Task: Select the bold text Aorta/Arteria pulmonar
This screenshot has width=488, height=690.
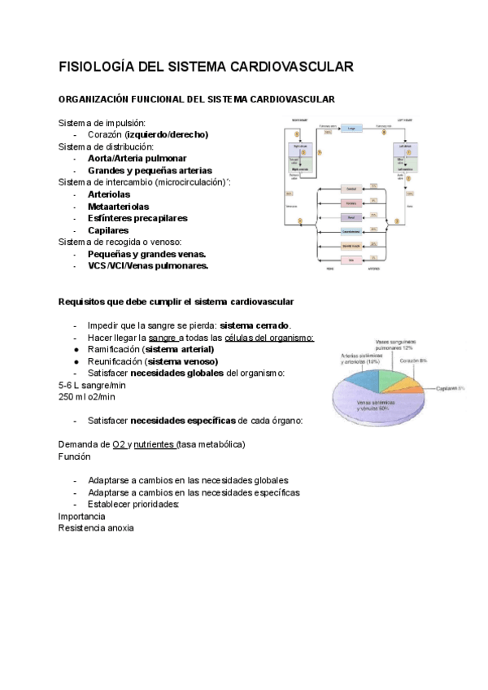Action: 137,158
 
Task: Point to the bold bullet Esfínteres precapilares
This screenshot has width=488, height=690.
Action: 137,218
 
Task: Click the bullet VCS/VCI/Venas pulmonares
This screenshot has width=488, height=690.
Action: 147,265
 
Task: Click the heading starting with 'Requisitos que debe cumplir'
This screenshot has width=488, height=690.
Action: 176,302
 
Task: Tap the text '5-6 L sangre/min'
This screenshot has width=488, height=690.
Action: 92,385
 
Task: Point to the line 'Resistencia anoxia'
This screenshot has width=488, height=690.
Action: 96,527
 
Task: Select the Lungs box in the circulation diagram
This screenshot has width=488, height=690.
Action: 351,129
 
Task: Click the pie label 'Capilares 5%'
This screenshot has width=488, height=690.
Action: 449,387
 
